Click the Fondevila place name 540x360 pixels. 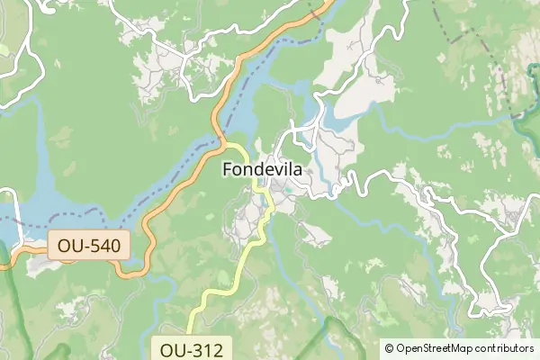(x=262, y=168)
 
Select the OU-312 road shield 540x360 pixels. (x=193, y=348)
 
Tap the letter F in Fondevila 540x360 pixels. (x=227, y=168)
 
